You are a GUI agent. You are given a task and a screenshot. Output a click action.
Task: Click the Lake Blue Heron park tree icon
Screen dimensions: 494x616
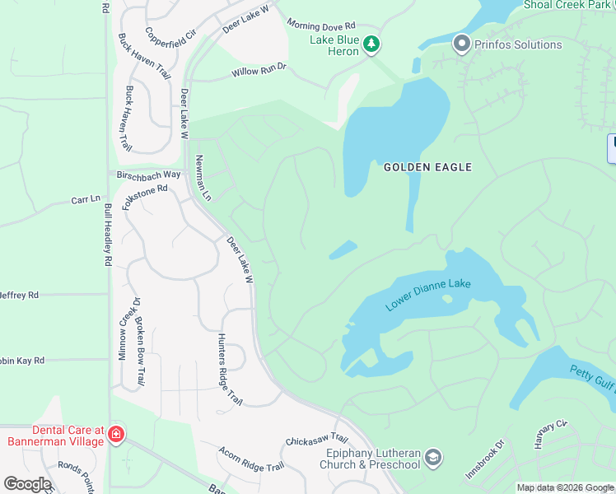pos(371,44)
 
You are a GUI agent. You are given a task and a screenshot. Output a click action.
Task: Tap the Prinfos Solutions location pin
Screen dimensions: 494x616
pos(461,44)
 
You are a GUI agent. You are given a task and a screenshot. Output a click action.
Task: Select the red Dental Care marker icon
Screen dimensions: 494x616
pos(116,435)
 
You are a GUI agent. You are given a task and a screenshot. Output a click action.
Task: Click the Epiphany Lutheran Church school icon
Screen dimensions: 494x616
pos(434,457)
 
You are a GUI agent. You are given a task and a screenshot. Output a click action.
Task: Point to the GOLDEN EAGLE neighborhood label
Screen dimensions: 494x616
pos(427,167)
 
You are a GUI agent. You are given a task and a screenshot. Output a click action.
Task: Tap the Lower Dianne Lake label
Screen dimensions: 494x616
pos(427,295)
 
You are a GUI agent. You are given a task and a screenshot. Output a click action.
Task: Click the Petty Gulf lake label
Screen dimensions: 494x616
pos(590,377)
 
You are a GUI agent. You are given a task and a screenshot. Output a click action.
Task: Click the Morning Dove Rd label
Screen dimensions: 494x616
pos(321,26)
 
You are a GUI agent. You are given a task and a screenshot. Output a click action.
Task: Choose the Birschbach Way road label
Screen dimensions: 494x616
pos(149,175)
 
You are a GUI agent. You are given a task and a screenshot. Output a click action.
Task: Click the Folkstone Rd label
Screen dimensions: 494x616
pos(145,197)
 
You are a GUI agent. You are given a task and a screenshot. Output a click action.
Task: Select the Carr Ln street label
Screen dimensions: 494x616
pos(85,199)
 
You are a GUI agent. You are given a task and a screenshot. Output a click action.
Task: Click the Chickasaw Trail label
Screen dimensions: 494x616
pos(317,440)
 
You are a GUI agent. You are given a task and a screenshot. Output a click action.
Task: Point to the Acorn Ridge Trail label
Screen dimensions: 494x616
pos(251,459)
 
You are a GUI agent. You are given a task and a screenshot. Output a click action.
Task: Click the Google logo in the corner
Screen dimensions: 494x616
pos(27,484)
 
